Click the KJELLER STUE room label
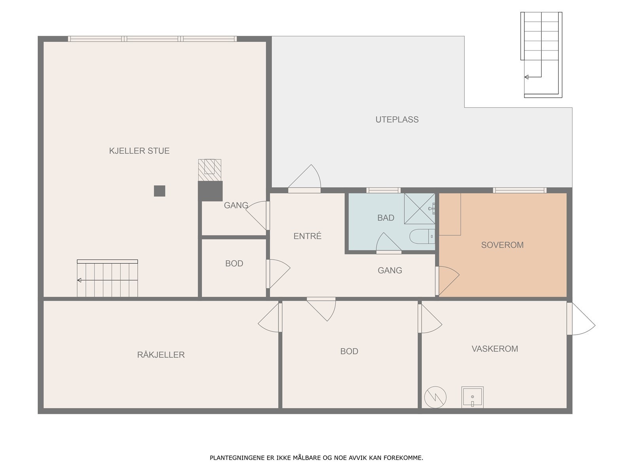pos(139,151)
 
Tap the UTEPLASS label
pos(397,119)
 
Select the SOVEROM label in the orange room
pos(502,245)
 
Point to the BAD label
pos(386,218)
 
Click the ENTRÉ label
pos(307,236)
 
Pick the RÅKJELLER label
pos(161,354)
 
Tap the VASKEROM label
pos(495,349)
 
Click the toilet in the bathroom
pos(422,236)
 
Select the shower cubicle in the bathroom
pos(419,209)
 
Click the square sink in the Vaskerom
pos(472,397)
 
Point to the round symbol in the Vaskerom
pos(435,397)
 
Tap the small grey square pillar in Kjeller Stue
pos(159,191)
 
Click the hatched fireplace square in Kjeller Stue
pos(210,170)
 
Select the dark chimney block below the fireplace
pos(210,191)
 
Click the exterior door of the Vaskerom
pos(580,319)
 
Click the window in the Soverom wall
pos(519,190)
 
